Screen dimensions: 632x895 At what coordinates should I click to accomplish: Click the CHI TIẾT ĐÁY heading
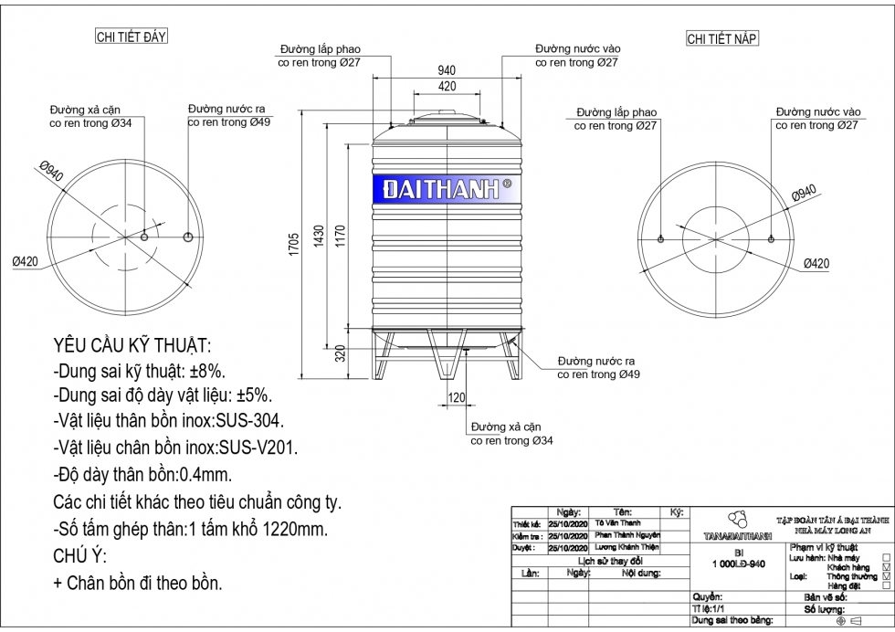point(132,37)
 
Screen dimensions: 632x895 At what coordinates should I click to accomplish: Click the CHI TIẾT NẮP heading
point(722,39)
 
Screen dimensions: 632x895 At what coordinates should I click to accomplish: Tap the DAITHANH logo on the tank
point(446,190)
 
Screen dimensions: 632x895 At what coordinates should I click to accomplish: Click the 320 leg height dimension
point(341,353)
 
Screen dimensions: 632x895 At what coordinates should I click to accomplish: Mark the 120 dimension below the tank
point(457,397)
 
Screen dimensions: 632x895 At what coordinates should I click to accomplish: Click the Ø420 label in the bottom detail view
point(26,262)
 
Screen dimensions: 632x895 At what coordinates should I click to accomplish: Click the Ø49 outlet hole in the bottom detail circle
point(187,237)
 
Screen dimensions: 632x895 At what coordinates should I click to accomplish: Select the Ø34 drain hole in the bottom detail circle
point(143,237)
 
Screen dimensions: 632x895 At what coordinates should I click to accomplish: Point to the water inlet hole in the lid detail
point(772,238)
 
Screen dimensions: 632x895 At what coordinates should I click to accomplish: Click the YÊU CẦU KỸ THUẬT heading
point(132,346)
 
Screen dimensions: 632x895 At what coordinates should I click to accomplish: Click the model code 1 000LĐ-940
point(738,564)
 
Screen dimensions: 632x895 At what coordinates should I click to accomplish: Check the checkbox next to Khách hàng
point(886,567)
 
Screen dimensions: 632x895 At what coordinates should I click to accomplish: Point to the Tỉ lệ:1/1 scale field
point(709,607)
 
